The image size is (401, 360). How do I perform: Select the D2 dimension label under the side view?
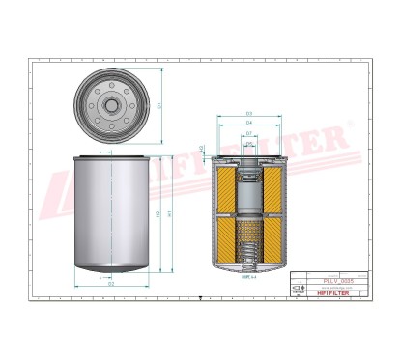coord(111,284)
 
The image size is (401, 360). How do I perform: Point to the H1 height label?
coord(170,213)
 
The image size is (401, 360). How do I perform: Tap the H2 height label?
coord(158,213)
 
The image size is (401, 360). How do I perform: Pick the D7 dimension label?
coord(248,133)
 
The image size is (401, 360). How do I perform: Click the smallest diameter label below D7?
coord(248,143)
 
